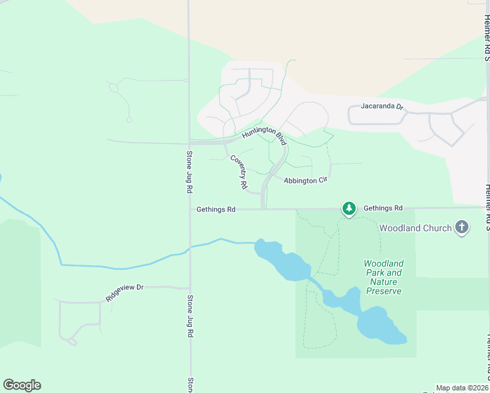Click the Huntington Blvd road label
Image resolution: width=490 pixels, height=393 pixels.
(264, 136)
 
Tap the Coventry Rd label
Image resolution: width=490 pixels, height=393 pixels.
(238, 172)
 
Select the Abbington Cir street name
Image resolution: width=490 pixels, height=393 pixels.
(305, 180)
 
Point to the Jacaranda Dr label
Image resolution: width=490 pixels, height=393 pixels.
(381, 105)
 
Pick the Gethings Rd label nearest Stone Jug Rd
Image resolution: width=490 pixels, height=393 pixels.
(216, 210)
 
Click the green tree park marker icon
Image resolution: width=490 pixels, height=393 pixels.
(349, 208)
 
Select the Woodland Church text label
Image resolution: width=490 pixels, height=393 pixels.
(415, 228)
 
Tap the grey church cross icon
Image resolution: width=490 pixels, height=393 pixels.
(462, 227)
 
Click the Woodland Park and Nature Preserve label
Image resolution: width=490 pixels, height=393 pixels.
(383, 277)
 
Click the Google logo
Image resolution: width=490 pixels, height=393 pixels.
(22, 385)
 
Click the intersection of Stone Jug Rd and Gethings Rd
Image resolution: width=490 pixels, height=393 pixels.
(190, 210)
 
